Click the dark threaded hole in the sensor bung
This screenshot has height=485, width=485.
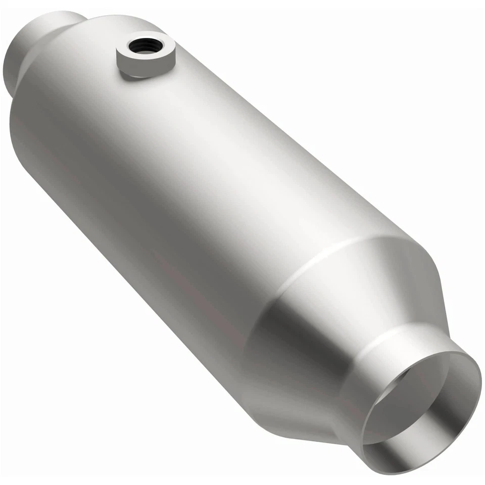pyautogui.click(x=145, y=46)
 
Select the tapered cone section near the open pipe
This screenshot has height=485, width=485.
pyautogui.click(x=354, y=303)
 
